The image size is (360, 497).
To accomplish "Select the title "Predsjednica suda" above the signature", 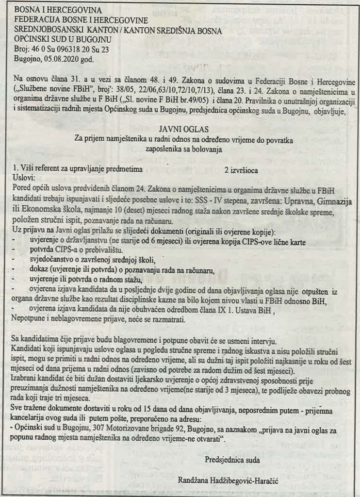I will click(228, 459).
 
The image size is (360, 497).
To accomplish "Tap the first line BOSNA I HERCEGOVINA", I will click(58, 10).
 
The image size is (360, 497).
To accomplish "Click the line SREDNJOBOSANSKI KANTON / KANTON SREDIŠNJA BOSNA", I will click(118, 30).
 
